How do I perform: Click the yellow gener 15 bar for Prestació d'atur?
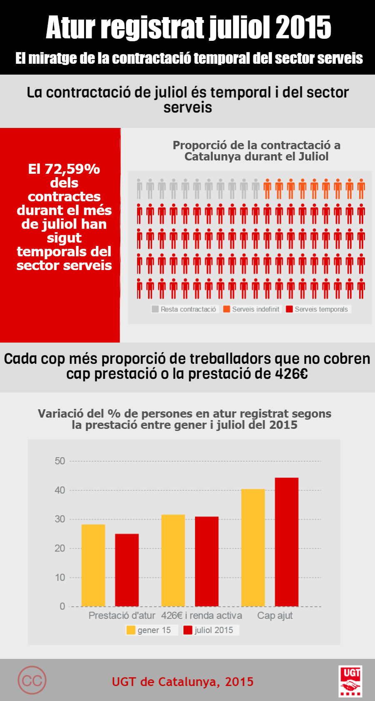pyautogui.click(x=93, y=565)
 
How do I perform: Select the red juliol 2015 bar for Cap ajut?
pyautogui.click(x=287, y=542)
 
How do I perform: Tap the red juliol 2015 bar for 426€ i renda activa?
pyautogui.click(x=207, y=561)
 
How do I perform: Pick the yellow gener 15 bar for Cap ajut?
pyautogui.click(x=253, y=548)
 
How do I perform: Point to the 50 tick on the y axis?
pyautogui.click(x=60, y=461)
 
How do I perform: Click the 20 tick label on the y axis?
pyautogui.click(x=60, y=548)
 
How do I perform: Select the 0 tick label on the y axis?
pyautogui.click(x=62, y=606)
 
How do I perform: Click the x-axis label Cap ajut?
pyautogui.click(x=275, y=616)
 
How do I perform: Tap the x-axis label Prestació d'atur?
pyautogui.click(x=122, y=616)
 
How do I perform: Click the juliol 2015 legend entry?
pyautogui.click(x=211, y=630)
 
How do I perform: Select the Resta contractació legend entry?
pyautogui.click(x=185, y=309)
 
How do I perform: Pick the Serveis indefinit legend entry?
pyautogui.click(x=252, y=309)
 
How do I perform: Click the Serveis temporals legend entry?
pyautogui.click(x=318, y=309)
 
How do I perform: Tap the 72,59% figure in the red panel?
pyautogui.click(x=72, y=169)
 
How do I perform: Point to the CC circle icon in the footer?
pyautogui.click(x=32, y=680)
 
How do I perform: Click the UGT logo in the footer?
pyautogui.click(x=350, y=681)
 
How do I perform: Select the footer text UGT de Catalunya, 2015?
pyautogui.click(x=182, y=681)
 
